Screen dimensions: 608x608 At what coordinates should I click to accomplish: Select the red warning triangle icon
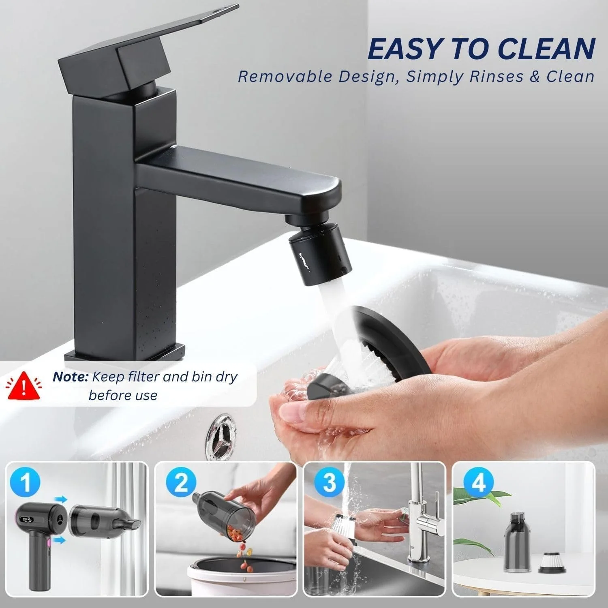point(25,385)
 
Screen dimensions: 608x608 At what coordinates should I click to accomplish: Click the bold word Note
point(70,377)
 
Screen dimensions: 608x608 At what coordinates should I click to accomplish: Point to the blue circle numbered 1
point(26,484)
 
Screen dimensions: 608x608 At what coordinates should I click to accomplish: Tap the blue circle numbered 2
point(181,484)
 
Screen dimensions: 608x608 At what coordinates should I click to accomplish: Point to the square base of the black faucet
point(125,353)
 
